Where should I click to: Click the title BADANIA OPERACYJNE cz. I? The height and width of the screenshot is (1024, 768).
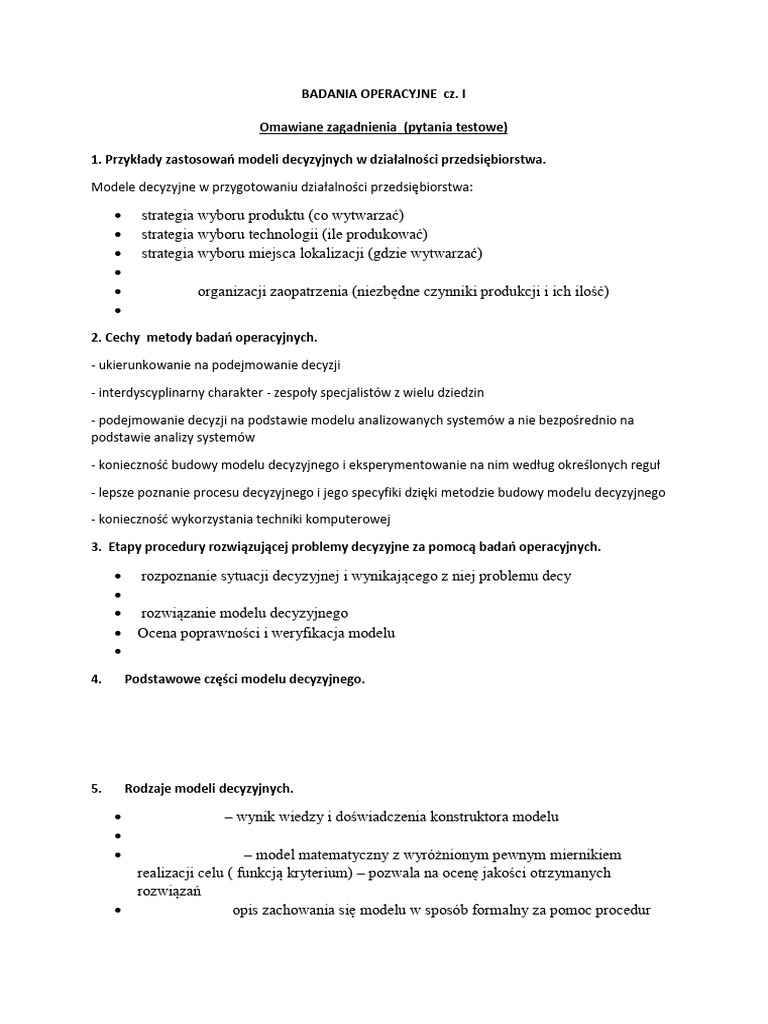point(384,94)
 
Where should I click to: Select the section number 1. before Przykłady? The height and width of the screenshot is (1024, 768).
point(97,160)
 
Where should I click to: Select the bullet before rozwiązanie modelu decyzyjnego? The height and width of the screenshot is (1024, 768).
point(119,614)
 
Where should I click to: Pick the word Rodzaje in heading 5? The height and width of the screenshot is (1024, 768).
point(151,788)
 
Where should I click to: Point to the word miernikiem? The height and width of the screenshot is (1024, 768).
point(581,854)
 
